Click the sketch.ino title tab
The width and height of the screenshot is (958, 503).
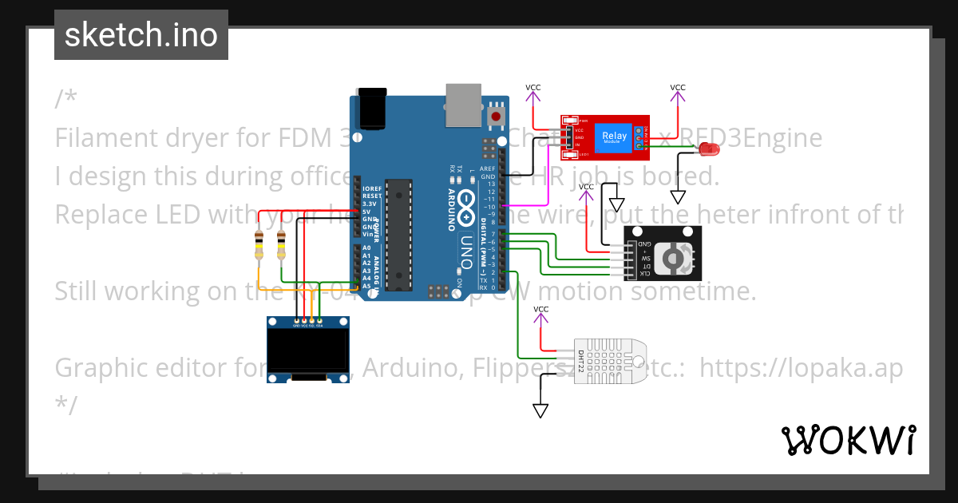click(x=141, y=35)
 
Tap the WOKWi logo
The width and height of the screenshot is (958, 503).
click(x=848, y=440)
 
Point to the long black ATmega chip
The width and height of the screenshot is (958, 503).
click(x=398, y=236)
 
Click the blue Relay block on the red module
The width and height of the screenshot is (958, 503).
click(x=615, y=136)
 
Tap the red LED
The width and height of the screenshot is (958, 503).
click(x=708, y=149)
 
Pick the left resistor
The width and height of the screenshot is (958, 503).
click(x=258, y=245)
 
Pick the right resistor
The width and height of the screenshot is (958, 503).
click(x=281, y=245)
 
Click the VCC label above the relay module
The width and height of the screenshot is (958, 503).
click(x=532, y=87)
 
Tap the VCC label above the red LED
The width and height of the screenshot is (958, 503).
click(x=677, y=87)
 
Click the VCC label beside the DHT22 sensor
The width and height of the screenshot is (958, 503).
click(x=540, y=309)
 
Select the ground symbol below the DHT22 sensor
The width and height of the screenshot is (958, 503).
click(x=540, y=411)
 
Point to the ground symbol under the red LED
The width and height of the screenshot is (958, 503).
click(x=678, y=197)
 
